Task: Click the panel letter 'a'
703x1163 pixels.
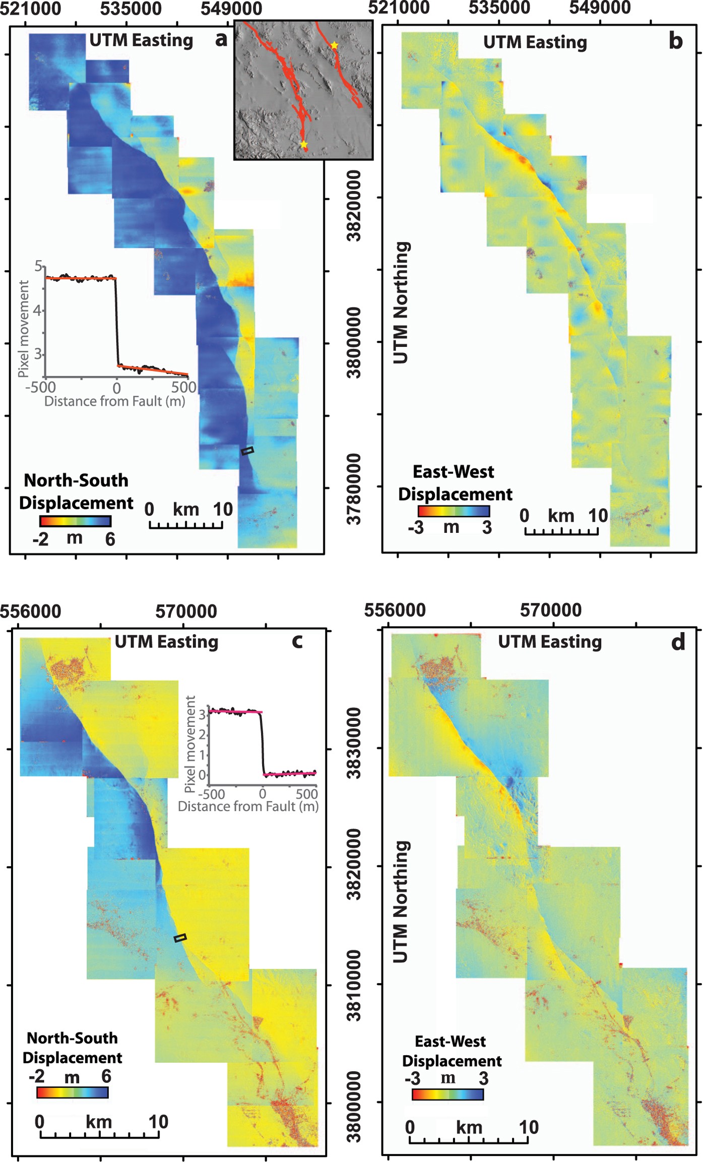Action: click(221, 39)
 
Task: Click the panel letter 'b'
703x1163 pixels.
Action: click(675, 41)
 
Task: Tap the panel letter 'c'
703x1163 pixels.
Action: click(297, 641)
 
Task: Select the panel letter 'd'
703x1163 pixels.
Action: click(678, 642)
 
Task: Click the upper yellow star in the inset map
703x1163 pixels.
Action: click(334, 45)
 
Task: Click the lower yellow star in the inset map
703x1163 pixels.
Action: click(304, 145)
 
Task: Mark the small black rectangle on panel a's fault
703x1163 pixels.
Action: click(247, 451)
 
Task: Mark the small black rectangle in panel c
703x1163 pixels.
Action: click(180, 937)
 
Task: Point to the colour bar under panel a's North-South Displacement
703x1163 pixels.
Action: click(75, 521)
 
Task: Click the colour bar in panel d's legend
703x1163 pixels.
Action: click(448, 1094)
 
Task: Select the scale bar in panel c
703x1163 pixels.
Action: click(99, 1135)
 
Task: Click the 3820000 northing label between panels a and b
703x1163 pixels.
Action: click(354, 206)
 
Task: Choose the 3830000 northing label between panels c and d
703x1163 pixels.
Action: click(354, 743)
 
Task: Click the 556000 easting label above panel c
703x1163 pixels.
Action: click(30, 611)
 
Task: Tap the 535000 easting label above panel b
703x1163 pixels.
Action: click(499, 8)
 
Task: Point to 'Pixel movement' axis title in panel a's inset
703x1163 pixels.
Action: click(23, 329)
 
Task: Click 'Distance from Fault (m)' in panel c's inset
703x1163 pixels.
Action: click(248, 806)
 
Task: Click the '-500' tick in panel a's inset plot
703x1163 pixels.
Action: click(40, 387)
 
